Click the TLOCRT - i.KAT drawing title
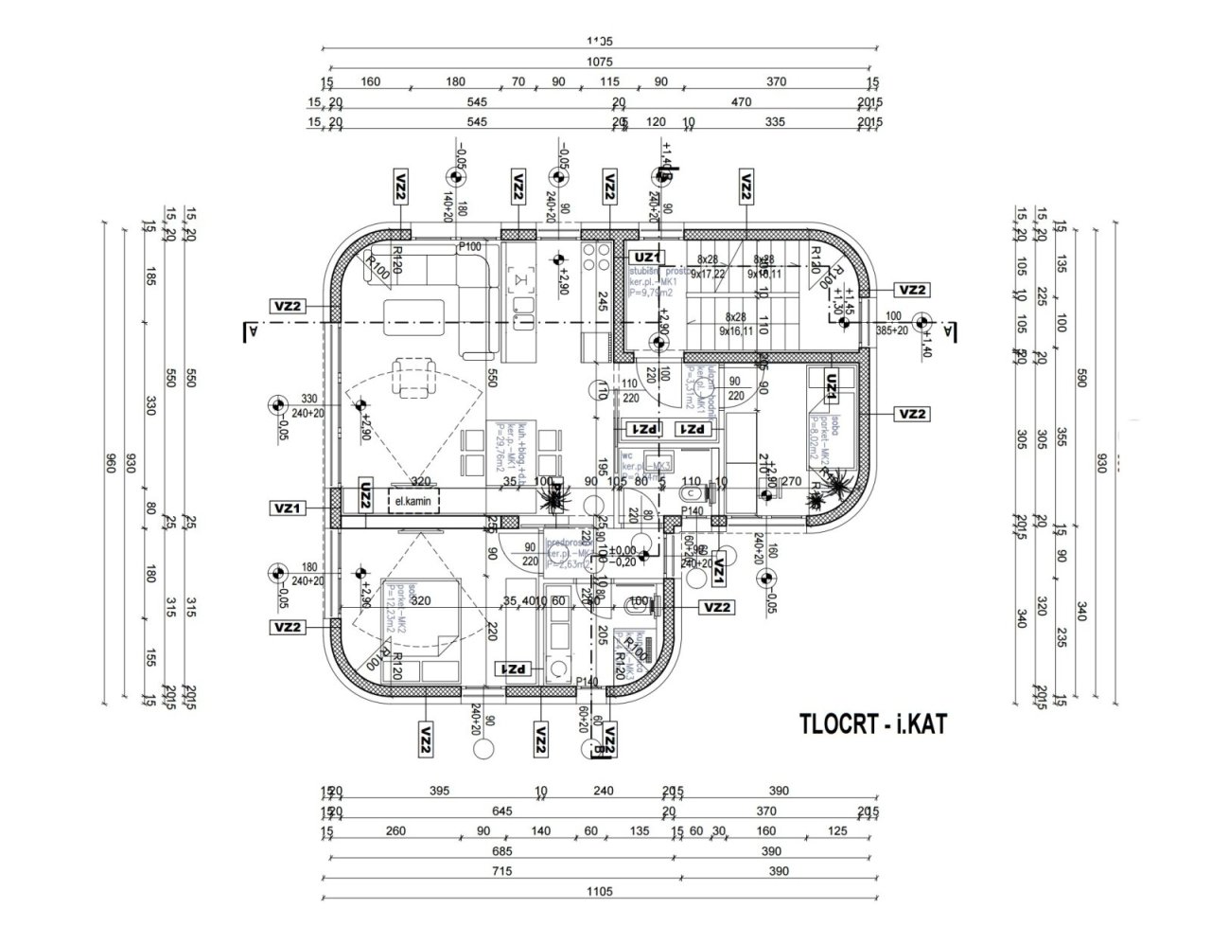(871, 724)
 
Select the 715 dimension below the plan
(499, 871)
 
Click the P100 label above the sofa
(470, 247)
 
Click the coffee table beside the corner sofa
(409, 312)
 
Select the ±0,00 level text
(622, 550)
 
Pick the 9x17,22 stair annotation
(708, 273)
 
